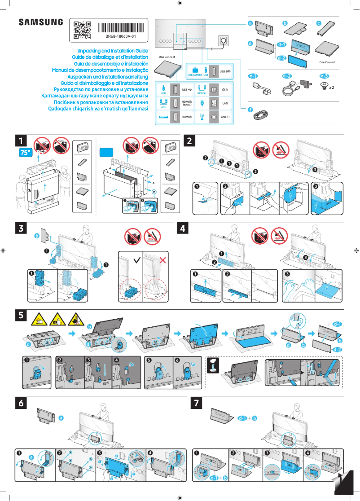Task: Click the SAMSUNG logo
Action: (40, 22)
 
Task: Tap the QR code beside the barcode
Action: (82, 30)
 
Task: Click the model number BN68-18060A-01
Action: (121, 36)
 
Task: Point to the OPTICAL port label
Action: (202, 93)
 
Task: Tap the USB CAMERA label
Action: (195, 75)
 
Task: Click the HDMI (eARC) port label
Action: (187, 103)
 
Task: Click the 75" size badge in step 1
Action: (25, 153)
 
